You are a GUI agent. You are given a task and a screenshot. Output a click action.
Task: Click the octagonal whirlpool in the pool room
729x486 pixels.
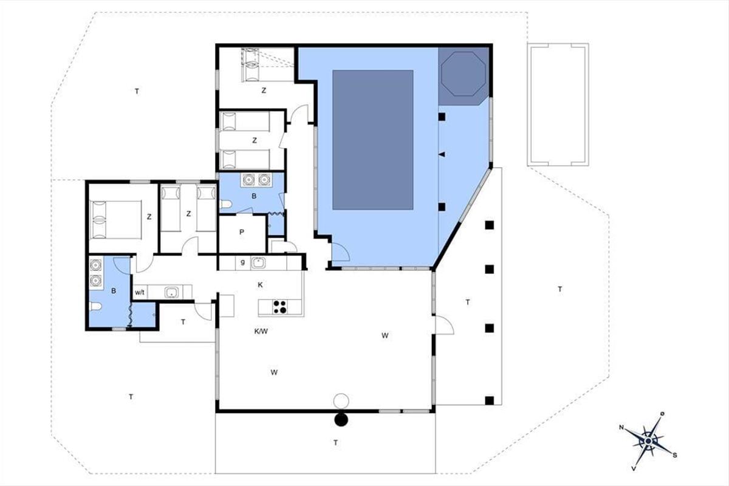pos(464,74)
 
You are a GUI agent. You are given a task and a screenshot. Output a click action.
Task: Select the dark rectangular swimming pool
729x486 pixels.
pos(373,140)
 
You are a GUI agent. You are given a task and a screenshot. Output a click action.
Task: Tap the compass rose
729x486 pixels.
pos(648,441)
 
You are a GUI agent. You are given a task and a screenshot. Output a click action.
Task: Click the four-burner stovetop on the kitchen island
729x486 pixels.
pos(280,307)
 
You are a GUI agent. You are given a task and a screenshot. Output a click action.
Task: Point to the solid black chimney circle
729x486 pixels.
pos(341,420)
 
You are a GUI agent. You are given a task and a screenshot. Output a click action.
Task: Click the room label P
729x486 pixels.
pos(242,232)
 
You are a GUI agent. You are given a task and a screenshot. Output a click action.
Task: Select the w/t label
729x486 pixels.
pos(140,293)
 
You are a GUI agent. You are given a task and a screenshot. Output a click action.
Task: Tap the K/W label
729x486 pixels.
pos(261,331)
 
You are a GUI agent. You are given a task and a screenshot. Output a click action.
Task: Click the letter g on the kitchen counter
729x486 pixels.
pos(242,262)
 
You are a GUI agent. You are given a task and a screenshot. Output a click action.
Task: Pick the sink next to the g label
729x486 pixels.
pos(258,262)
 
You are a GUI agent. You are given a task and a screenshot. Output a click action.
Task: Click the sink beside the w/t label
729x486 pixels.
pos(171,292)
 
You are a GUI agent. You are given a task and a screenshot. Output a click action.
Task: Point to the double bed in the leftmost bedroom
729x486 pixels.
pos(116,220)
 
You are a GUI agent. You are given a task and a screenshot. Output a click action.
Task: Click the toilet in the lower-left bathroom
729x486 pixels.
pos(95,306)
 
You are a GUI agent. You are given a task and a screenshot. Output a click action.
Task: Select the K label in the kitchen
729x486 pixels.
pos(261,285)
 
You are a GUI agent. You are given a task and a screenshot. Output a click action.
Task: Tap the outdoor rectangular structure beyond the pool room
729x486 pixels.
pos(558,105)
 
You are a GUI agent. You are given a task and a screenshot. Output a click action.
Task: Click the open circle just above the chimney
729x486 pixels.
pos(341,401)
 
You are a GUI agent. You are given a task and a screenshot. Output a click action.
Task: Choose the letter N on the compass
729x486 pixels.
pos(621,428)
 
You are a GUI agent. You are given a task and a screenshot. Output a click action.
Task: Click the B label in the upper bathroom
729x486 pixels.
pos(254,196)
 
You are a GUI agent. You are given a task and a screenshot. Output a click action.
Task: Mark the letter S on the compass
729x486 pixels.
pos(675,455)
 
